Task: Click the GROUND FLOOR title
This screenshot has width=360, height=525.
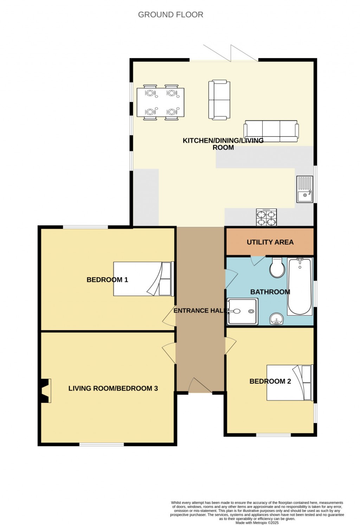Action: (x=171, y=15)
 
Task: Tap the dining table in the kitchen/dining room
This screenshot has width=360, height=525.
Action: (x=160, y=102)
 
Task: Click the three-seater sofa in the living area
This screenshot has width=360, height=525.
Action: (x=271, y=131)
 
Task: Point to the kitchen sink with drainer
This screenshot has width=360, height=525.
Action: (x=305, y=189)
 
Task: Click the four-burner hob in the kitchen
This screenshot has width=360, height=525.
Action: (x=266, y=217)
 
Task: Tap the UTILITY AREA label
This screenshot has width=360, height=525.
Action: (x=270, y=242)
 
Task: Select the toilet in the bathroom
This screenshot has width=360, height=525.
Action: (x=277, y=268)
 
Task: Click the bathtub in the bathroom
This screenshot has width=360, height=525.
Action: (x=300, y=287)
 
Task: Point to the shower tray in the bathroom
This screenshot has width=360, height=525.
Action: (x=243, y=311)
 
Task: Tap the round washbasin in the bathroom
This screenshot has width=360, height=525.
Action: (x=277, y=320)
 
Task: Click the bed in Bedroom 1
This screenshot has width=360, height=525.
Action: (x=143, y=279)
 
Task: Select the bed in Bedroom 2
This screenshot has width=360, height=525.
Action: (x=289, y=383)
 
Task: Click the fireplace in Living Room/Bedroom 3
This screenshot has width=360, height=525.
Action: (x=45, y=391)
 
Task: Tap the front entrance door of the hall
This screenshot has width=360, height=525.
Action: (x=200, y=386)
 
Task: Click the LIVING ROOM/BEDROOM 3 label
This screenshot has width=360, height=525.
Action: (x=113, y=388)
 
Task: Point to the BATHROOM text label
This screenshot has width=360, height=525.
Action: (x=270, y=292)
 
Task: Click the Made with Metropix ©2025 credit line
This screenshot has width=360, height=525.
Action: (x=257, y=523)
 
